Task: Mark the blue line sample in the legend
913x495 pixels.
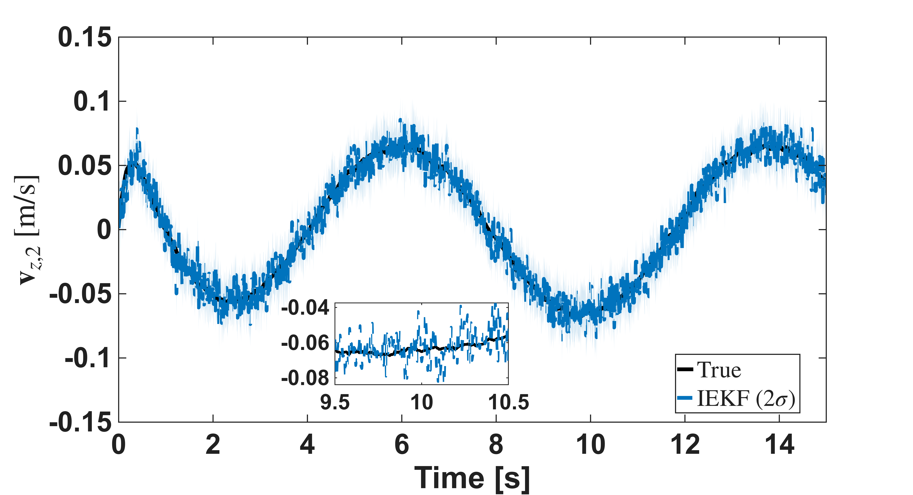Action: pos(685,398)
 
